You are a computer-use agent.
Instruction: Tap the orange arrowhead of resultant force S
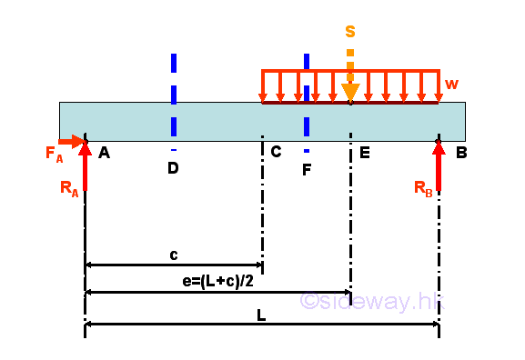coord(350,93)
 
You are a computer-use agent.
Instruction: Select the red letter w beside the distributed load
coord(452,84)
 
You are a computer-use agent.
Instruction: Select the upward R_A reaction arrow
coord(85,168)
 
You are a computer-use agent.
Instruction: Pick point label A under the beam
coord(104,154)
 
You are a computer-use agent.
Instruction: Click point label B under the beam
coord(461,153)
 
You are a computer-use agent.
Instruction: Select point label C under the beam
coord(276,152)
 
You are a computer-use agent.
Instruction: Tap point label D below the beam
coord(173,168)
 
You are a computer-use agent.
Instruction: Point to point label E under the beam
coord(364,153)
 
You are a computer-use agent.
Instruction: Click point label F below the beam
coord(307,168)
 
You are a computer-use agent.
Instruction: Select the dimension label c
coord(174,255)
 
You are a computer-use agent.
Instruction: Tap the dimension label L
coord(261,315)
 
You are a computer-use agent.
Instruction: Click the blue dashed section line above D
coord(173,91)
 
